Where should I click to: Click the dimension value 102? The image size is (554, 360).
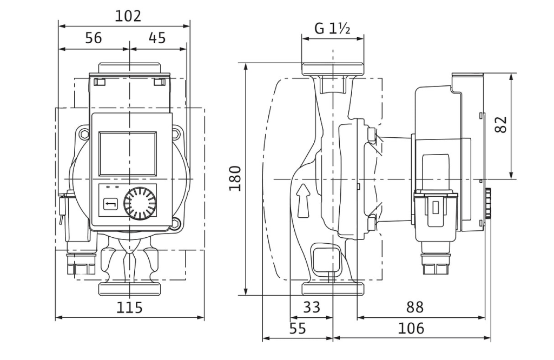pyautogui.click(x=128, y=16)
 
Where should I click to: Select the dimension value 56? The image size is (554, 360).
pyautogui.click(x=94, y=38)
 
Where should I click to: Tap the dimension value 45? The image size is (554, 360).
pyautogui.click(x=157, y=38)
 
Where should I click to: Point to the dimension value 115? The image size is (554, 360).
pyautogui.click(x=129, y=308)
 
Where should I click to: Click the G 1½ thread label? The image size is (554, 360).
pyautogui.click(x=332, y=28)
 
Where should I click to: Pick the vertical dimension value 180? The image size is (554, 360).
pyautogui.click(x=235, y=178)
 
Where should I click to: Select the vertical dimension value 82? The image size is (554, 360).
pyautogui.click(x=501, y=124)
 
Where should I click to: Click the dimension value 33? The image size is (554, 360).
pyautogui.click(x=312, y=307)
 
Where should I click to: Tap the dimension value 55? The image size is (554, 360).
pyautogui.click(x=298, y=329)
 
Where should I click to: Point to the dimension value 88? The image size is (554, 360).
pyautogui.click(x=415, y=307)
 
